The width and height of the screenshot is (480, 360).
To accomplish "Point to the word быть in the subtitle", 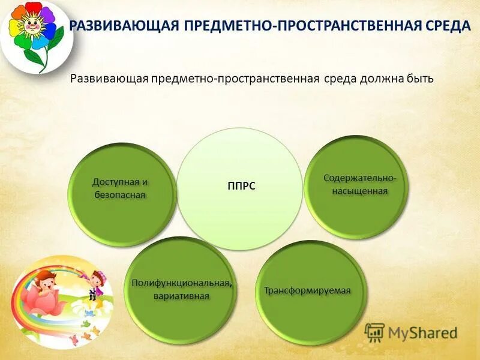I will (419, 80).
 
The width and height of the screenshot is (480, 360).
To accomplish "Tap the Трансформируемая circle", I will (308, 291).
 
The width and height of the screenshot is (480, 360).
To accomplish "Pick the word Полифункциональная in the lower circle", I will (181, 283).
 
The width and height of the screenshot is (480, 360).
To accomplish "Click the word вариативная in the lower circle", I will (181, 296).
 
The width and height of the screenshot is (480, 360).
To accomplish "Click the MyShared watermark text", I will (422, 332).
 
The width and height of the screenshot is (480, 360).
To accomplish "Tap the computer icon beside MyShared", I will (374, 332).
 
